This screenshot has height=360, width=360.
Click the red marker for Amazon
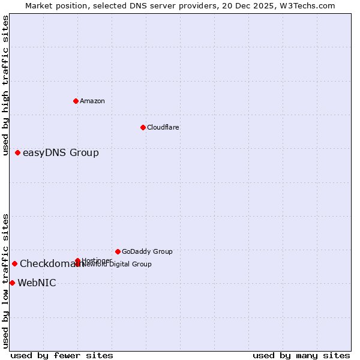coord(76,101)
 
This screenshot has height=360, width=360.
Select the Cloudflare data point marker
coord(143,127)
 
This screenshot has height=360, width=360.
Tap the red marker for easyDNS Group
coord(17,152)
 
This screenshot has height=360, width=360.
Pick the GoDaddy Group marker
coord(118,251)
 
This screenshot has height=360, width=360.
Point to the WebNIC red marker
coord(12,283)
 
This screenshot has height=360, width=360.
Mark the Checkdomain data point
coord(14,263)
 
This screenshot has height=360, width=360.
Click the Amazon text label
coord(92,101)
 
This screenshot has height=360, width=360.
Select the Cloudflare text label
coord(163,127)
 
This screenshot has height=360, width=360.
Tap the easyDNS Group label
coord(61,152)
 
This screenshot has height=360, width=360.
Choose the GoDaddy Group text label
coord(147,251)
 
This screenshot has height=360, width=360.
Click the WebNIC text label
coord(37,283)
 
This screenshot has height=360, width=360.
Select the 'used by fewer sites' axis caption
coord(62,355)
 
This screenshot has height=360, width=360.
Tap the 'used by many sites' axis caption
coord(301,355)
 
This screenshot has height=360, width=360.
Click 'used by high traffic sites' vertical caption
coord(6,85)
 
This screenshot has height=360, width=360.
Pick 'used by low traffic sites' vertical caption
coord(6,281)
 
